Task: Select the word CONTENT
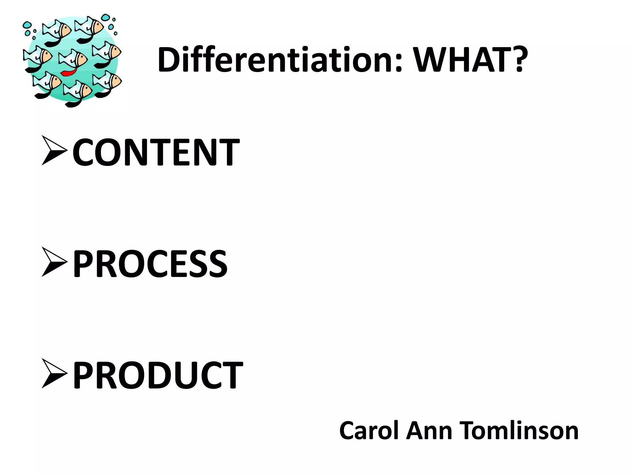pos(156,152)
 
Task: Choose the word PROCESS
pos(150,264)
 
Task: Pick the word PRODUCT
pos(158,375)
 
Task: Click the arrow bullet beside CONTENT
pos(54,151)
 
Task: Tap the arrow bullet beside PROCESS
pos(54,262)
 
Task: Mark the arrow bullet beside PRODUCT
pos(54,373)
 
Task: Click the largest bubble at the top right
pos(106,17)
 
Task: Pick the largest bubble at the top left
pos(27,24)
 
